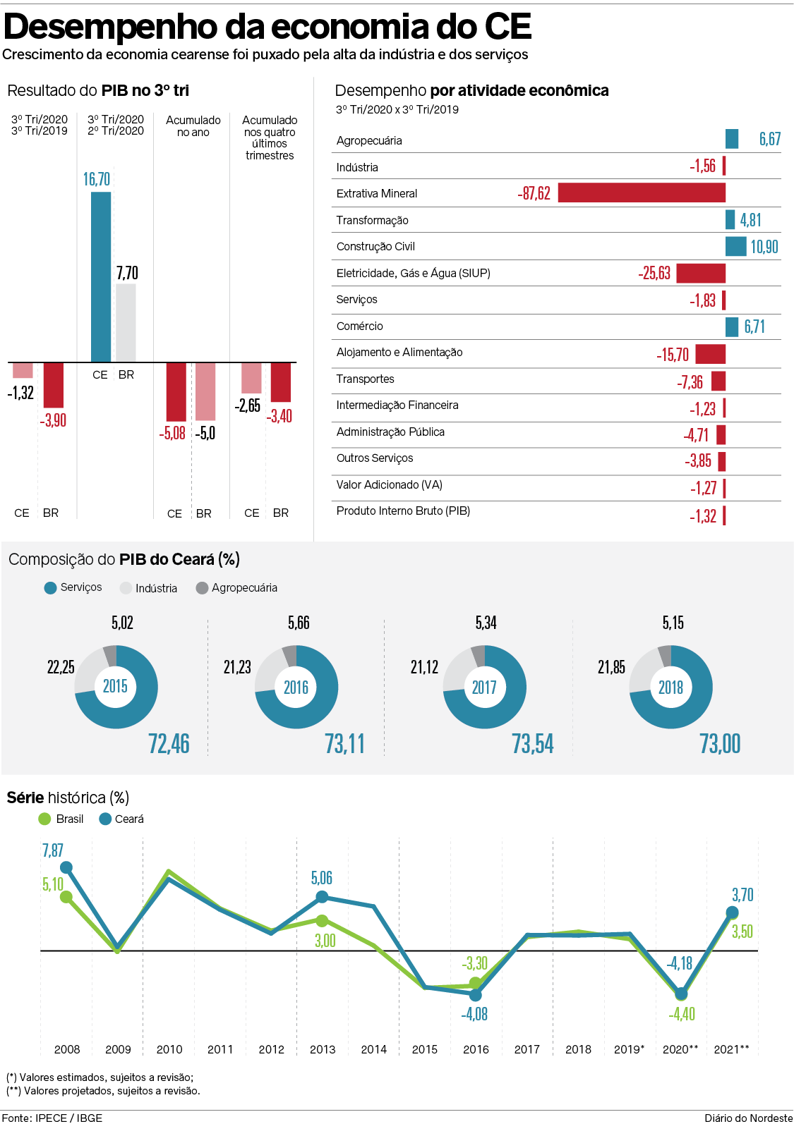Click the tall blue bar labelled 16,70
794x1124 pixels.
tap(101, 276)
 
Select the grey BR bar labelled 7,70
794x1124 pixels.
tap(126, 323)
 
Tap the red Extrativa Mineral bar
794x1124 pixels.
tap(642, 193)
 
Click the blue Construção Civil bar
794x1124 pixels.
tap(735, 246)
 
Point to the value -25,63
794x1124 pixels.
tap(654, 274)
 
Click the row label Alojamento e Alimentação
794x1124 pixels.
tap(399, 353)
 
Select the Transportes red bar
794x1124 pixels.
tap(718, 381)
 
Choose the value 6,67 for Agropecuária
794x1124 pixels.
tap(770, 139)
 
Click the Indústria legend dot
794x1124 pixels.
tap(126, 588)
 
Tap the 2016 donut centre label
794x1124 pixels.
tap(296, 688)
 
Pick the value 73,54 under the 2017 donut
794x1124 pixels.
tap(533, 744)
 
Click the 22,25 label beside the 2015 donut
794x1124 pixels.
tap(61, 667)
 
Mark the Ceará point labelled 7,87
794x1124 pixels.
tap(66, 867)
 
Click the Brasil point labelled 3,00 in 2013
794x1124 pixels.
tap(322, 921)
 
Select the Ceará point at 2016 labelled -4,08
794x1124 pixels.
tap(476, 995)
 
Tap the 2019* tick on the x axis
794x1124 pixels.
tap(629, 1049)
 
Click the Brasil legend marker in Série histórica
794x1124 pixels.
tap(44, 819)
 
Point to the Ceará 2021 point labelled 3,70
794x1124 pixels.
tap(733, 912)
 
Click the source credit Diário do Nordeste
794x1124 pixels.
tap(748, 1118)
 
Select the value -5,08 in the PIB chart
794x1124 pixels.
tap(172, 433)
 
